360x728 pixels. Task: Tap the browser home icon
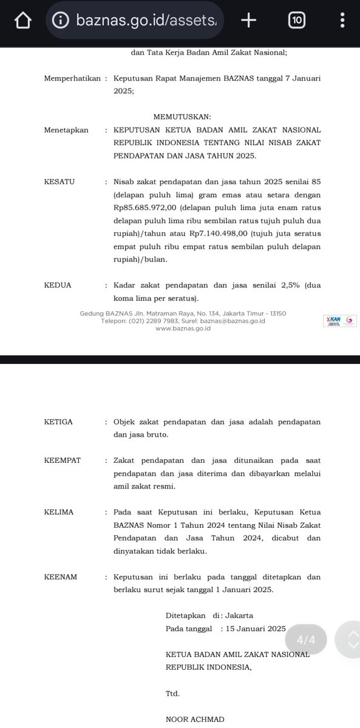(22, 21)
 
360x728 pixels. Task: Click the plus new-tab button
(248, 21)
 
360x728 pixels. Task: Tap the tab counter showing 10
(296, 21)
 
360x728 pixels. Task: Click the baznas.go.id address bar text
(149, 21)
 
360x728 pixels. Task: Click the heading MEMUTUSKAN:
(182, 116)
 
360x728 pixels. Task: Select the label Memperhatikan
(72, 78)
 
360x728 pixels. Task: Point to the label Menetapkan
(66, 130)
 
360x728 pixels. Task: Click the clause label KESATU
(59, 181)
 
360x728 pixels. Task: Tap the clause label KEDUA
(58, 285)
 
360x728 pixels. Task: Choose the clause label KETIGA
(59, 422)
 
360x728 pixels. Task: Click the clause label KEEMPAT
(63, 460)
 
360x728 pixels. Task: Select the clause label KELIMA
(59, 512)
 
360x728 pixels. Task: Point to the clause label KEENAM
(61, 577)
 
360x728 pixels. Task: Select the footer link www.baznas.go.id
(183, 328)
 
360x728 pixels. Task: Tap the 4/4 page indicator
(306, 639)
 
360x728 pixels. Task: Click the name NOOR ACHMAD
(195, 720)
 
